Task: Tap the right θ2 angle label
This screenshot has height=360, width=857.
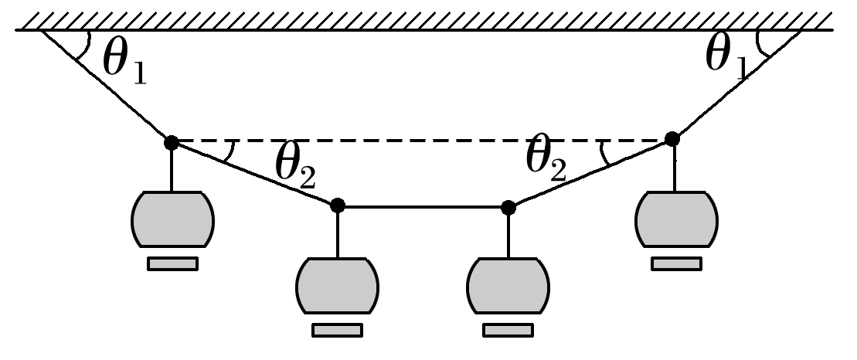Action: coord(546,160)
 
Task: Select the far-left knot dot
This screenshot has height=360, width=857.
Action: coord(172,142)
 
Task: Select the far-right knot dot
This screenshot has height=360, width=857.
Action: coord(672,138)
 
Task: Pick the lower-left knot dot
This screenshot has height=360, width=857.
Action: coord(337,205)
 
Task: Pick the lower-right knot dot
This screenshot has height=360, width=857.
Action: coord(508,206)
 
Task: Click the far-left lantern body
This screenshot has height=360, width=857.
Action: coord(172,220)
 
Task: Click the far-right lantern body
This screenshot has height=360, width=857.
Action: coord(675,219)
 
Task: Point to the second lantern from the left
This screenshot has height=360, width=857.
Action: coord(337,285)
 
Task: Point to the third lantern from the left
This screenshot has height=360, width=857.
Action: coord(508,285)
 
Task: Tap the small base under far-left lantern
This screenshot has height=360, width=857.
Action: coord(172,264)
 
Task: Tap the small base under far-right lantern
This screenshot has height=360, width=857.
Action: coord(676,264)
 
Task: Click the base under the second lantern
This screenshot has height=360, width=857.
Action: coord(337,331)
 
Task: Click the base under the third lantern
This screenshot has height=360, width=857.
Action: coord(508,331)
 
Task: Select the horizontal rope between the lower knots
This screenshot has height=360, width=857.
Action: coord(423,206)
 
